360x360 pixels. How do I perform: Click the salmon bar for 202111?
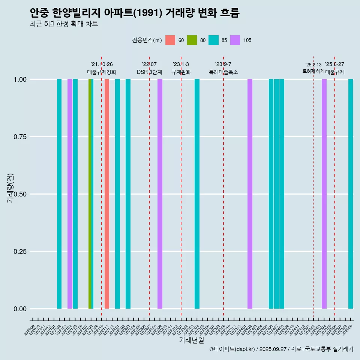click(107, 194)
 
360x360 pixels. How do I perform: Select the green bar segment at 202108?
click(90, 194)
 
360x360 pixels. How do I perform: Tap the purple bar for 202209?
click(160, 194)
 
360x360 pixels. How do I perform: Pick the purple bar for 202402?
click(250, 194)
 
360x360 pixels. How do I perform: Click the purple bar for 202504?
click(324, 194)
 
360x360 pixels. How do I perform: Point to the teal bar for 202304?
click(197, 194)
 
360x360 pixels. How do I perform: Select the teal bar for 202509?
click(351, 194)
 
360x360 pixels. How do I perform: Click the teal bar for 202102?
click(59, 194)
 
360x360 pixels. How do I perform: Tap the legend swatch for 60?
click(170, 40)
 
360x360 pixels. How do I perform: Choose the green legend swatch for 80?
click(192, 40)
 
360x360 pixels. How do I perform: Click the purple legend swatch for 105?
click(235, 40)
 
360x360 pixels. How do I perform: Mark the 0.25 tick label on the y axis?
click(20, 252)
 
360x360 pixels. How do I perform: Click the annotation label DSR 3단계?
click(149, 72)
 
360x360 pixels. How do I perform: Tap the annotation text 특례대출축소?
click(223, 72)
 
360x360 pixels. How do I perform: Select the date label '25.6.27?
click(334, 64)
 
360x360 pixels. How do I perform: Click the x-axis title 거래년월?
click(191, 340)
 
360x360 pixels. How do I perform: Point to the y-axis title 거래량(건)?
click(10, 188)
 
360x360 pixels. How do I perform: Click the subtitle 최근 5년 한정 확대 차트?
click(64, 24)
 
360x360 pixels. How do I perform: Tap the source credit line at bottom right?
click(281, 349)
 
